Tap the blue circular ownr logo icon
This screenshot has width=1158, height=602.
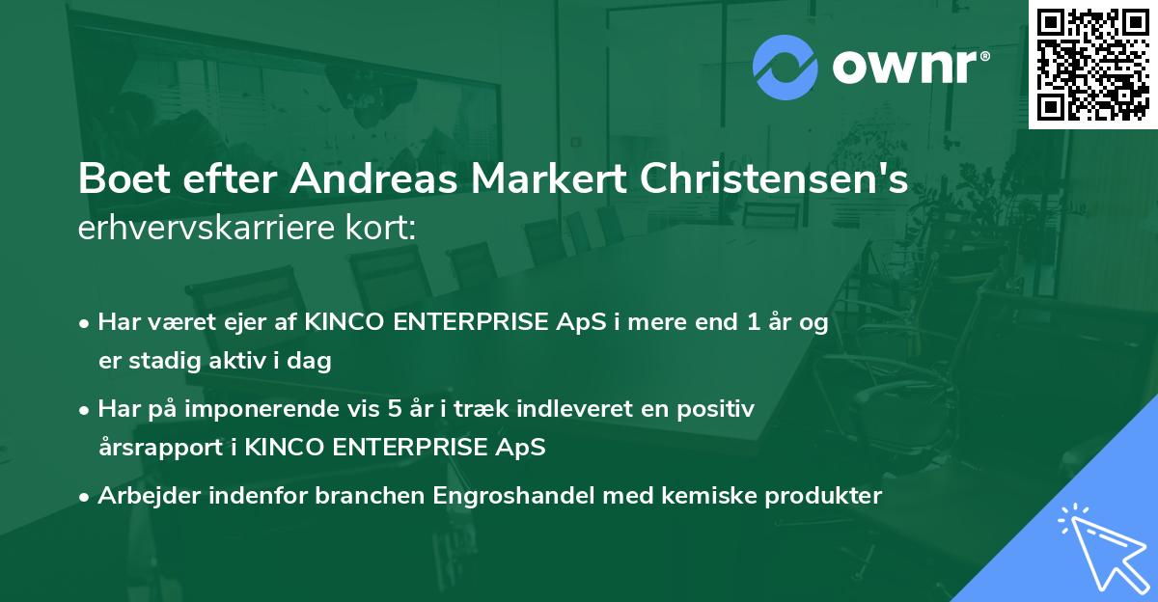pos(786,67)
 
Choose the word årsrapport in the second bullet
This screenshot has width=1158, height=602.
pos(154,448)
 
